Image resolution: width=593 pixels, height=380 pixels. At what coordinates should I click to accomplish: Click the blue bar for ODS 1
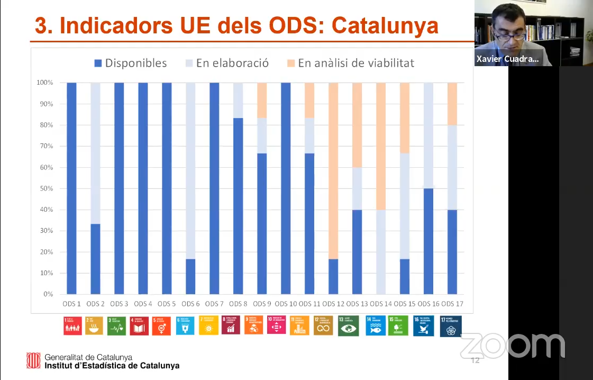(71, 188)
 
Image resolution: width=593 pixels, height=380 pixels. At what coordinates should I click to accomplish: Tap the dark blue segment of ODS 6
(190, 276)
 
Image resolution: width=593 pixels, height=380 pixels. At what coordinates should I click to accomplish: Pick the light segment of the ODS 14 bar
(381, 251)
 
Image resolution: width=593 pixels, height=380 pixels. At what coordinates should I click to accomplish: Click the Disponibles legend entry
(130, 64)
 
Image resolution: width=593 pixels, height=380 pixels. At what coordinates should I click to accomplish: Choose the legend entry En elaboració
(226, 64)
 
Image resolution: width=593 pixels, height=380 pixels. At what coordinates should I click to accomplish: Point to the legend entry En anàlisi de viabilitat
(350, 64)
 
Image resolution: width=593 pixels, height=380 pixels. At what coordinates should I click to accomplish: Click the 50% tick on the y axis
(45, 188)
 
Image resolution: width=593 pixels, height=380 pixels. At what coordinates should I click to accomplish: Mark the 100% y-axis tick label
(44, 83)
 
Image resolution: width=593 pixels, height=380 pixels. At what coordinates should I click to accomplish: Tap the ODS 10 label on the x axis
(285, 304)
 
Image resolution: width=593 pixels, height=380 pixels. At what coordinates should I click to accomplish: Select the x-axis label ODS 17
(452, 304)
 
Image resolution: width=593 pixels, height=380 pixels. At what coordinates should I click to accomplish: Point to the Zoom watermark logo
(512, 346)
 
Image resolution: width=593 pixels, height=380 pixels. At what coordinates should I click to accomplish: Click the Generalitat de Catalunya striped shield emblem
(34, 360)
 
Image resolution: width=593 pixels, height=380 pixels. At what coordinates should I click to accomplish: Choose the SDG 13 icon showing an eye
(348, 325)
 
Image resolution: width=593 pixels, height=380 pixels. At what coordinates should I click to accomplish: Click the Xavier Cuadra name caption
(507, 59)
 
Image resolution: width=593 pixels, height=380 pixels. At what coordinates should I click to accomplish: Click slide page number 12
(475, 360)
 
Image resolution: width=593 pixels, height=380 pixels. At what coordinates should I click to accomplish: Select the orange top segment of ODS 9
(262, 100)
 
